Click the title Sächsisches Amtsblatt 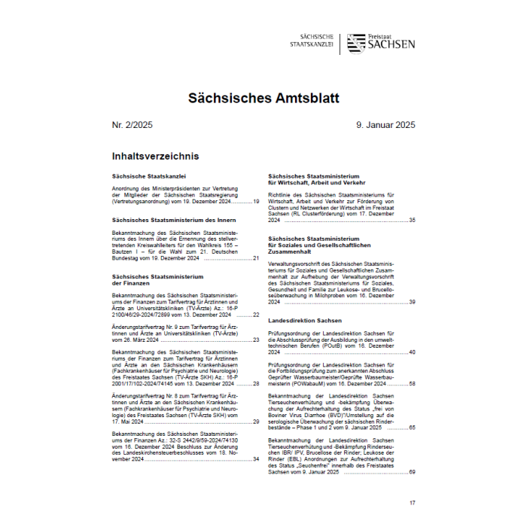[x=263, y=98]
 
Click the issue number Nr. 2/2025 [x=132, y=125]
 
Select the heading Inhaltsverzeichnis [x=155, y=157]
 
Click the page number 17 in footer [x=412, y=502]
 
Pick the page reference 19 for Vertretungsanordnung [x=256, y=202]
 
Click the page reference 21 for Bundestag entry [x=256, y=258]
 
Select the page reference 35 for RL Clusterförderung [x=412, y=220]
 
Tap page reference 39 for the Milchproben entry [x=412, y=302]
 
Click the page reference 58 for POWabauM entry [x=412, y=383]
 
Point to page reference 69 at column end [x=412, y=471]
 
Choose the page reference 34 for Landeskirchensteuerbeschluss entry [x=256, y=458]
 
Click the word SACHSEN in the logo [x=391, y=45]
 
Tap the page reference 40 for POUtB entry [x=412, y=352]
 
